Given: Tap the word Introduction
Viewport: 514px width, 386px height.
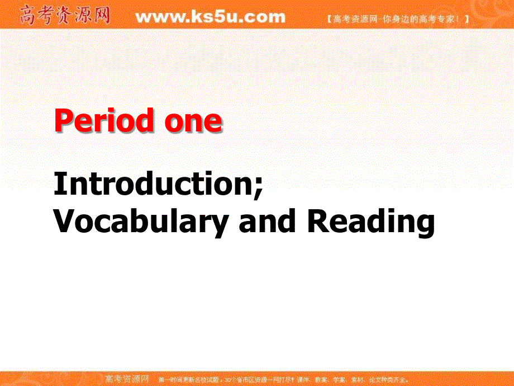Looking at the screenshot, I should [x=153, y=184].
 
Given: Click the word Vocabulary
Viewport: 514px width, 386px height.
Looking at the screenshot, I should [x=141, y=222].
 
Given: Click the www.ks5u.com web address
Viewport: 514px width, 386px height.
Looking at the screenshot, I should [x=210, y=17].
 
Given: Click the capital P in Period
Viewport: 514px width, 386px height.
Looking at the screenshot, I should [x=63, y=121].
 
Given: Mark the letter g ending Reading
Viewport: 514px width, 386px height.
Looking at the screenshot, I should [x=424, y=225].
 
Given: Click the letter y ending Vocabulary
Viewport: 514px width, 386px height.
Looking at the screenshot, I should [x=220, y=225].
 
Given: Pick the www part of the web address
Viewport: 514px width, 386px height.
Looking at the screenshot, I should [x=157, y=17].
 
